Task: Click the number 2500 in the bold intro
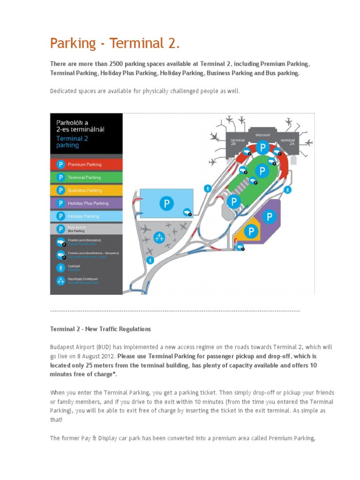pyautogui.click(x=116, y=64)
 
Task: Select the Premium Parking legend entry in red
pyautogui.click(x=84, y=165)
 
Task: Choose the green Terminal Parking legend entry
pyautogui.click(x=84, y=178)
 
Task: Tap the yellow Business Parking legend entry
pyautogui.click(x=84, y=190)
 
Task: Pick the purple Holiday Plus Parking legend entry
pyautogui.click(x=88, y=203)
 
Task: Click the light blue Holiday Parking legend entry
pyautogui.click(x=83, y=216)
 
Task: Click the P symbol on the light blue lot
pyautogui.click(x=166, y=203)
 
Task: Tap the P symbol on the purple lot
pyautogui.click(x=269, y=216)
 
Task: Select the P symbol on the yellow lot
pyautogui.click(x=251, y=232)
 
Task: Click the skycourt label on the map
pyautogui.click(x=262, y=135)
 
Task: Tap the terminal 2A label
pyautogui.click(x=288, y=142)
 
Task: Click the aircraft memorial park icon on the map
pyautogui.click(x=160, y=237)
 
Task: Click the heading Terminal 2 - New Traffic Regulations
pyautogui.click(x=100, y=329)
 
